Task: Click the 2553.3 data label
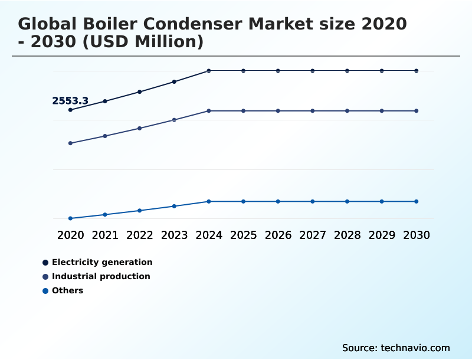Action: tap(70, 101)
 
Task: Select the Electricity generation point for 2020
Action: tap(70, 110)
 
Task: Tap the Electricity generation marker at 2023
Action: tap(174, 81)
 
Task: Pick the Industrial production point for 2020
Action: tap(70, 143)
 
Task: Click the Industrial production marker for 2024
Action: tap(209, 111)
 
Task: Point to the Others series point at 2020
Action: tap(70, 218)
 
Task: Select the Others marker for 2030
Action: tap(417, 201)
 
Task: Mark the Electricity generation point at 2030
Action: tap(417, 71)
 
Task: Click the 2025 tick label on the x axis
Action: tap(243, 235)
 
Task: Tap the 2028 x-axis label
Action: tap(347, 235)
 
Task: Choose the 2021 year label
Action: tap(105, 235)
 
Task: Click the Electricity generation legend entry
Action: tap(102, 262)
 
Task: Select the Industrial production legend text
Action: tap(101, 276)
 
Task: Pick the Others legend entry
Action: tap(67, 290)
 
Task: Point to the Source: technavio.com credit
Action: tap(396, 348)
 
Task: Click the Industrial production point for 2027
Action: tap(313, 111)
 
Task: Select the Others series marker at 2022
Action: tap(140, 211)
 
